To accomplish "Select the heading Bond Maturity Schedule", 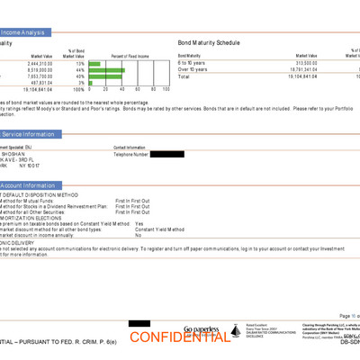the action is pos(210,42).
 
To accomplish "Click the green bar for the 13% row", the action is pos(110,64).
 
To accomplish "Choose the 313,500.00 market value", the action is pos(301,63).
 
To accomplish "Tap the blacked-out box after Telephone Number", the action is pos(166,155).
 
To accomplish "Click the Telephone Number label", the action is pos(130,155).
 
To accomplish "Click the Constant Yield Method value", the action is pos(164,229).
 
